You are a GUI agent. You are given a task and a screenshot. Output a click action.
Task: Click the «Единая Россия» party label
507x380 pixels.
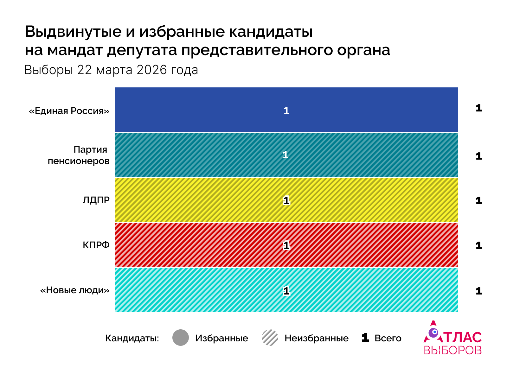[x=69, y=111]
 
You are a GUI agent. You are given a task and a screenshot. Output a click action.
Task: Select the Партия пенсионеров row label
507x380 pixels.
[x=79, y=155]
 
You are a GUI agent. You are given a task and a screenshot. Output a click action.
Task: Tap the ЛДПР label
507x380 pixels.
[x=96, y=200]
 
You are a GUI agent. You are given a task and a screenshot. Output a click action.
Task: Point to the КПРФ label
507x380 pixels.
[x=96, y=245]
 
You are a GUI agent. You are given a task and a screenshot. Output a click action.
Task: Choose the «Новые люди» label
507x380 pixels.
[x=75, y=290]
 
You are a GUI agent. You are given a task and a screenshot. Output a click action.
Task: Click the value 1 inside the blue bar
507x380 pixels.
[x=286, y=111]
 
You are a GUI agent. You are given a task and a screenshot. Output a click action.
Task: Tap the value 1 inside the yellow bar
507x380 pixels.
[x=286, y=200]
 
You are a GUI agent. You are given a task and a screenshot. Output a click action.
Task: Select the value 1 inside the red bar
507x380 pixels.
[x=286, y=245]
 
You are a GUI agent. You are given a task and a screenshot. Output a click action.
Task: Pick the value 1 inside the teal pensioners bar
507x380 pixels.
[x=286, y=155]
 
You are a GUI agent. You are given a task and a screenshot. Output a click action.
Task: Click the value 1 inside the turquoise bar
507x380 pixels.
[x=286, y=291]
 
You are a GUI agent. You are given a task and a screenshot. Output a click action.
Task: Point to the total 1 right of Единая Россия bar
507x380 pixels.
[x=478, y=108]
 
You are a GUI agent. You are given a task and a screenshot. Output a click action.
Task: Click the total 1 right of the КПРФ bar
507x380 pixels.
[x=478, y=245]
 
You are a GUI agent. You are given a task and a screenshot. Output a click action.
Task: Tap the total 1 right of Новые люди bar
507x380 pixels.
[x=478, y=291]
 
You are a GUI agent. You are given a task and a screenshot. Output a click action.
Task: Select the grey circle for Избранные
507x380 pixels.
[x=181, y=338]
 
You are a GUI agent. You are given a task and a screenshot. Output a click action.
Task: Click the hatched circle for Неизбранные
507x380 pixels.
[x=270, y=338]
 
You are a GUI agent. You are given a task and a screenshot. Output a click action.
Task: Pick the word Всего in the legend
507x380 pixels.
[x=388, y=338]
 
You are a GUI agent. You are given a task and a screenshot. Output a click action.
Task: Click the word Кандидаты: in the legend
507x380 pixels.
[x=132, y=338]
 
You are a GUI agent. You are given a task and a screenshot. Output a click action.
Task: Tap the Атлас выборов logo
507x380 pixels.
[x=452, y=338]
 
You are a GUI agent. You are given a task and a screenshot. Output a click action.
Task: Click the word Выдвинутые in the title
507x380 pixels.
[x=73, y=32]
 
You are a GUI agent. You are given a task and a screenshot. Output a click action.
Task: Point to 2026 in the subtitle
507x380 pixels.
[x=151, y=70]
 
